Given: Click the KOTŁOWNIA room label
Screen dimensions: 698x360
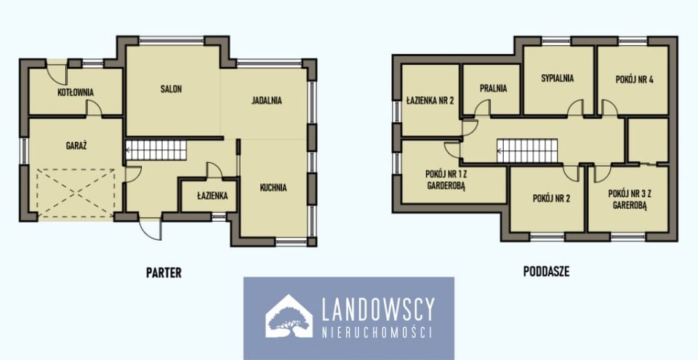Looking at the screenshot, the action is pos(76,92).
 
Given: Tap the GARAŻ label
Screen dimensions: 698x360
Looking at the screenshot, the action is pos(76,145).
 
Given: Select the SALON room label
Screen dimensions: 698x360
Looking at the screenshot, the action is pos(171,89).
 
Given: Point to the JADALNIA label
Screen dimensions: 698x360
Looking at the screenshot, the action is pos(267,100).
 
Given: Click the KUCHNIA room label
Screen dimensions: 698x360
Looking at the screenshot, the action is pos(273,188).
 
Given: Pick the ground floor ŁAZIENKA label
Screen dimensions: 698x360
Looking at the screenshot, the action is pos(213,195).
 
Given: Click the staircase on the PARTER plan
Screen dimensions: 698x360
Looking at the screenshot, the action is pos(156,149).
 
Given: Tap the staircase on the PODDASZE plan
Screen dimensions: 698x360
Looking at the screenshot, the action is pos(527,151).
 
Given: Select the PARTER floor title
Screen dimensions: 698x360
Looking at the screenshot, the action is pos(164,273).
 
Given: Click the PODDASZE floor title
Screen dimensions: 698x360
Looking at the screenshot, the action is pos(546,272).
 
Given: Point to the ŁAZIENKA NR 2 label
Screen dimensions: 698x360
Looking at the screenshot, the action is pos(430,100).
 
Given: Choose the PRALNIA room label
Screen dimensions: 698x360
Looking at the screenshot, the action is pos(493,88).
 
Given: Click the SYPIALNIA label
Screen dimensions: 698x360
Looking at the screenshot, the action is pos(558,78).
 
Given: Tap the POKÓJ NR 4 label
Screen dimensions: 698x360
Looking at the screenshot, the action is pos(635,80).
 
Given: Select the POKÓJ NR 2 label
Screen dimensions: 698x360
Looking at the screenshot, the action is pos(551,199).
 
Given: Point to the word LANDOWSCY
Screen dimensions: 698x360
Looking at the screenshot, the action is pos(377,309).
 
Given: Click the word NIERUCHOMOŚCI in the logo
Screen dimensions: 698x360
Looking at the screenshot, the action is pos(377,332).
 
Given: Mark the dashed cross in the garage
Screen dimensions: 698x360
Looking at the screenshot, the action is pos(76,193).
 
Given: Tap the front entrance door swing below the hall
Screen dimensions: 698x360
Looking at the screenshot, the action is pos(151,228).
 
